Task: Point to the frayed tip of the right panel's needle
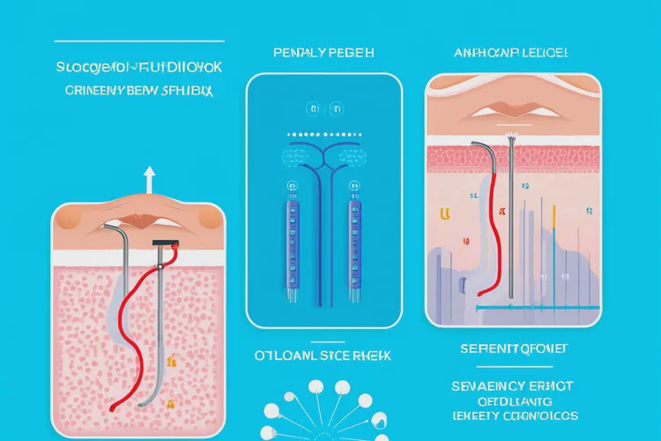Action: [510, 137]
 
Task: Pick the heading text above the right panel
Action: [511, 53]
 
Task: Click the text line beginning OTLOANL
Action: [322, 357]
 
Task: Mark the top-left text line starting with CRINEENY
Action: [138, 89]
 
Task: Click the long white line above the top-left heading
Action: [138, 41]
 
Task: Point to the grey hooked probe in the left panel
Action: [159, 318]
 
